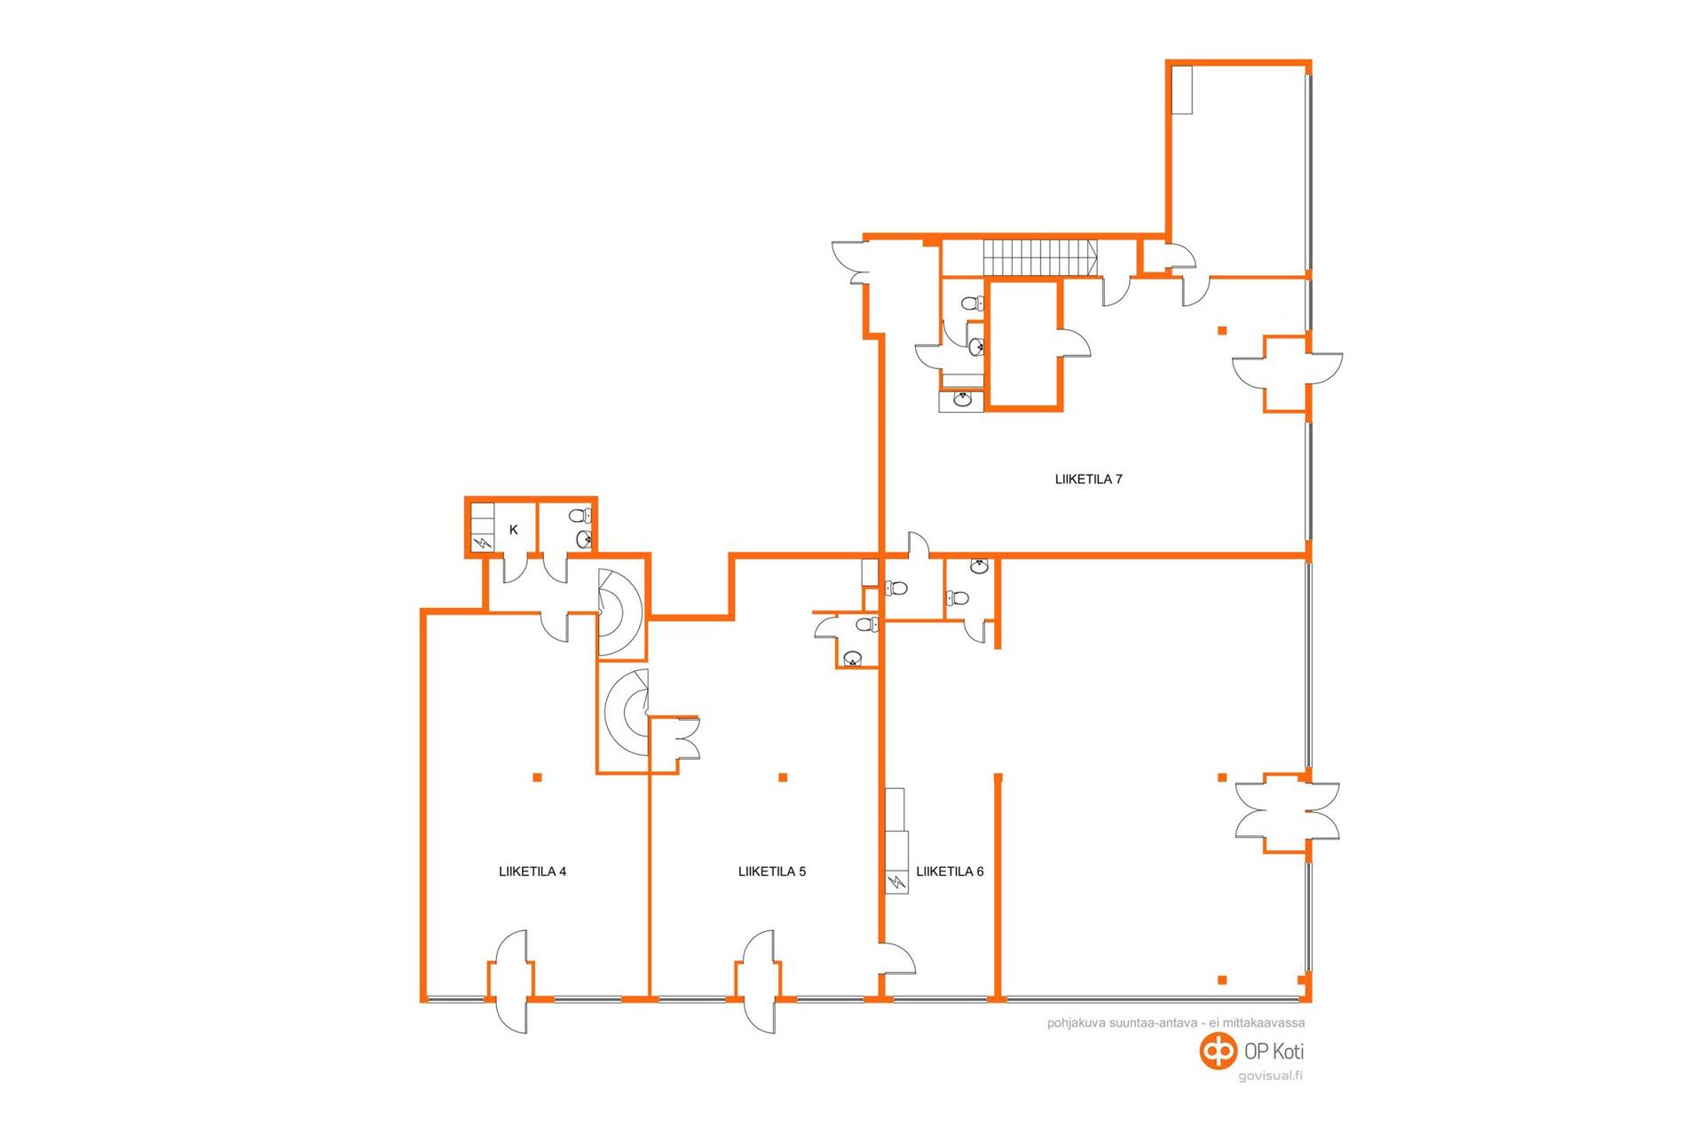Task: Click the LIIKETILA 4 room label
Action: (x=532, y=872)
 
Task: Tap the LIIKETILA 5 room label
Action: (x=772, y=872)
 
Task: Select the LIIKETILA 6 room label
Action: (x=950, y=872)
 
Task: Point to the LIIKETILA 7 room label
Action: (x=1088, y=479)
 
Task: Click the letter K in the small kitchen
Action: (x=513, y=530)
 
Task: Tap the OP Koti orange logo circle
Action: (x=1218, y=1051)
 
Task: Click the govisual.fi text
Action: (x=1270, y=1077)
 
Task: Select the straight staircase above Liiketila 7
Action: (x=1039, y=257)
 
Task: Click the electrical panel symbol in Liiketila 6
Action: (x=896, y=882)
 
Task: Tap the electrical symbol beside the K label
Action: (x=482, y=541)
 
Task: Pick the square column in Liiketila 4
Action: (x=537, y=777)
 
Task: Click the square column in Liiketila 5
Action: (x=783, y=777)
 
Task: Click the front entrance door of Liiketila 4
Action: (x=511, y=981)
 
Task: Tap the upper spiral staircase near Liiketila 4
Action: (x=619, y=612)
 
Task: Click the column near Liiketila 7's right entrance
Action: (x=1222, y=331)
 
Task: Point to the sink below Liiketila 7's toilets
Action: (x=962, y=400)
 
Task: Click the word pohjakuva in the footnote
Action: (x=1077, y=1023)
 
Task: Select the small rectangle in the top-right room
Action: (x=1181, y=89)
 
